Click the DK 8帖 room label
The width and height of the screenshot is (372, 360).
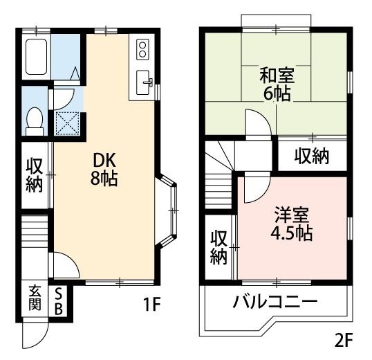click(104, 168)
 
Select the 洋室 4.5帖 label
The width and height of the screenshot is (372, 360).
click(290, 223)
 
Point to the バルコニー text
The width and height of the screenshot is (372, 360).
click(275, 303)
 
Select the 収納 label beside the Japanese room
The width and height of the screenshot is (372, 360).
click(310, 156)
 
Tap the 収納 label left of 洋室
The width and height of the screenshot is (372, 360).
click(219, 247)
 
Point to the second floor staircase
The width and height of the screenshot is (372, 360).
click(219, 177)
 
